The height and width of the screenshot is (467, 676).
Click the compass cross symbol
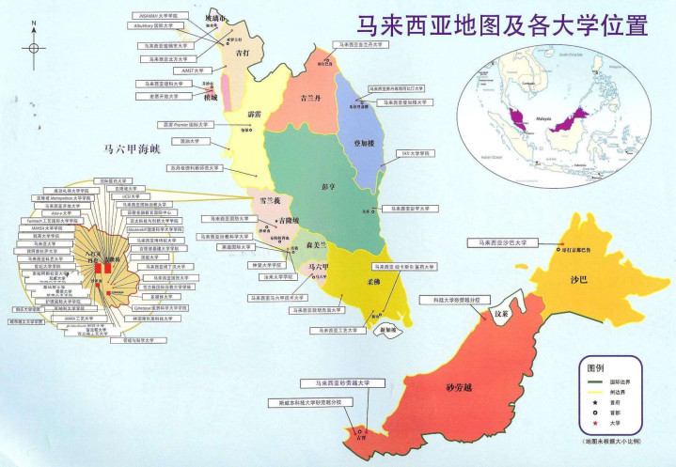[x=33, y=47]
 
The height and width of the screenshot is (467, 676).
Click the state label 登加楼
[x=364, y=143]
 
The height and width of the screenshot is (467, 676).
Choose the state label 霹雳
[x=253, y=116]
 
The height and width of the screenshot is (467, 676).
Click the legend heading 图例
[x=599, y=369]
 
